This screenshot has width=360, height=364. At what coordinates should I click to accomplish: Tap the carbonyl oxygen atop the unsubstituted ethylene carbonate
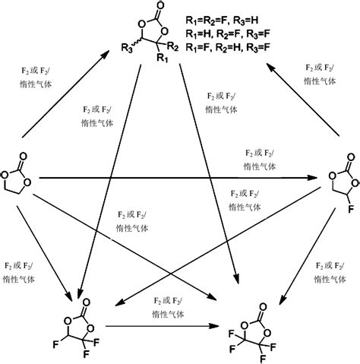(21, 148)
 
